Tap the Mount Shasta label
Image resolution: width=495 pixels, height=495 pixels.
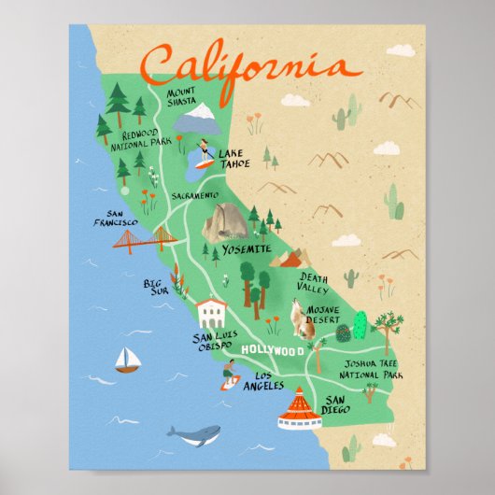[x=182, y=98]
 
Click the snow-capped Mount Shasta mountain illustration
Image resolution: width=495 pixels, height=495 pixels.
[x=195, y=119]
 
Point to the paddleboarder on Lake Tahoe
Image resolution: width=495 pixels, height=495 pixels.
[x=203, y=154]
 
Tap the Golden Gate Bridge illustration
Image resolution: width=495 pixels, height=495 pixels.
[x=145, y=242]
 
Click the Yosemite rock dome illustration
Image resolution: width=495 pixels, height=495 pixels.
[x=226, y=223]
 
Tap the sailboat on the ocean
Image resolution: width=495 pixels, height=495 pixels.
[x=125, y=361]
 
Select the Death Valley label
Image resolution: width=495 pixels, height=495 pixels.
[x=313, y=282]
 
